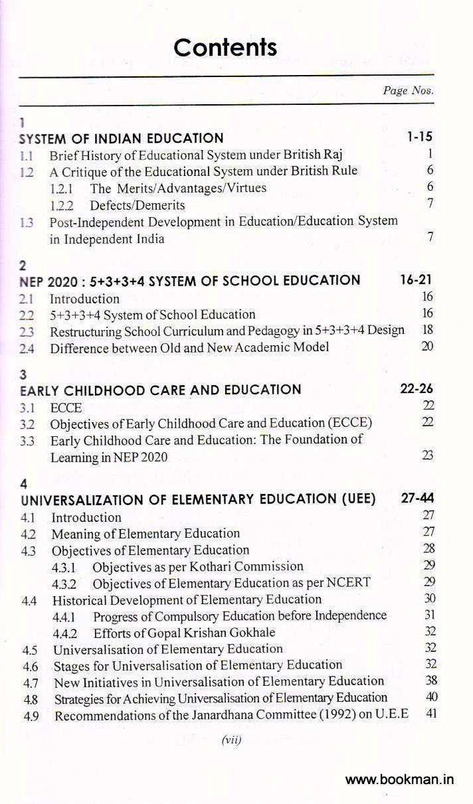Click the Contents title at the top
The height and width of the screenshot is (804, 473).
pos(225,48)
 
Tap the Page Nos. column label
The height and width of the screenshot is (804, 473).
pos(408,91)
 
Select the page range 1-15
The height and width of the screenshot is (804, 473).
pos(419,137)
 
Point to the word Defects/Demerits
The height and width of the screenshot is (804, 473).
pos(138,205)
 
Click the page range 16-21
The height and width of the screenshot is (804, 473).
pos(416,280)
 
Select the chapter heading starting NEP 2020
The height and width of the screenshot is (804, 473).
pos(189,281)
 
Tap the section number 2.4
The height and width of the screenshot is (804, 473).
pos(28,348)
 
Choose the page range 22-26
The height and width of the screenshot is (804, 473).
pos(416,389)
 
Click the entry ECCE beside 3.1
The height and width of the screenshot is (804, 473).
pos(66,408)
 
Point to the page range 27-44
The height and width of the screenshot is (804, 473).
pos(417,499)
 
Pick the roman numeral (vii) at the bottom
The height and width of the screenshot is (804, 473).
pos(231,740)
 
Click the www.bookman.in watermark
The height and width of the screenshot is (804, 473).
pos(400,780)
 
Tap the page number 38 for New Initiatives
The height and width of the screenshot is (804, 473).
pos(430,681)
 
